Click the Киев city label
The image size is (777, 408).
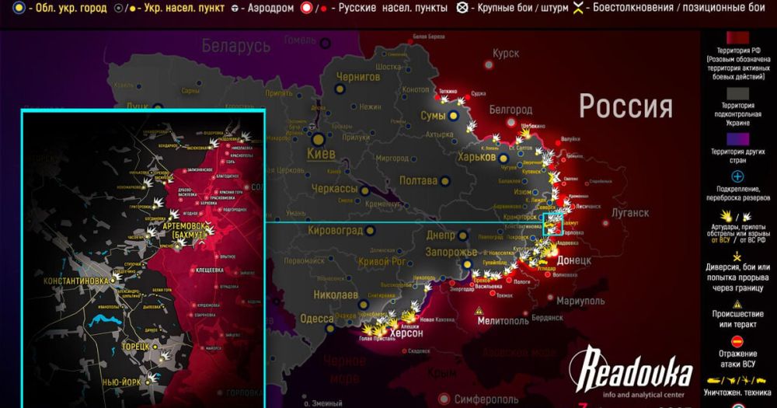pyautogui.click(x=322, y=154)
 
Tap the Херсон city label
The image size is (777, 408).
pyautogui.click(x=404, y=333)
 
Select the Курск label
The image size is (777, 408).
pyautogui.click(x=505, y=54)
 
